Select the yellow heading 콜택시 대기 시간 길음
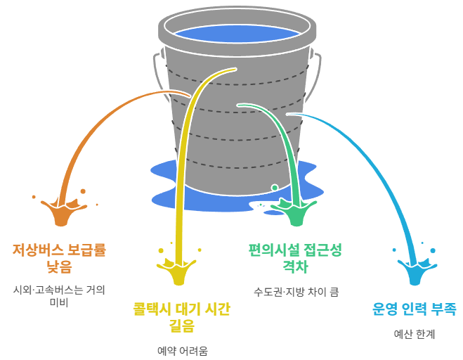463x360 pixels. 181,317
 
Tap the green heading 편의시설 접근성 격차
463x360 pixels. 295,257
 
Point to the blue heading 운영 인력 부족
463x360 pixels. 415,308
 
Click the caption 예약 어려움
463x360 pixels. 182,350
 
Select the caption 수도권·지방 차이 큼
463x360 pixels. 295,290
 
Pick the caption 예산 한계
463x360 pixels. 415,334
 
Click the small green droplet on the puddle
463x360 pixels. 275,188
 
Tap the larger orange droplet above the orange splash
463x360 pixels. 83,191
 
